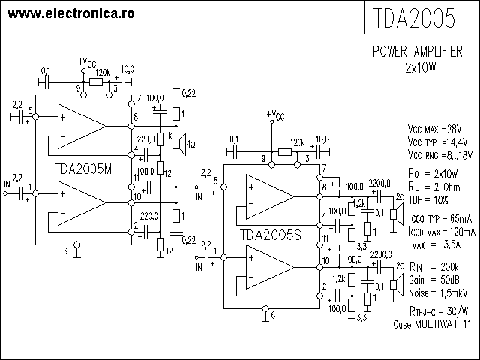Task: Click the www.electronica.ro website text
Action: (71, 13)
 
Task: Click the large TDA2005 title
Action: (414, 18)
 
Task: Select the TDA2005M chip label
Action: (83, 169)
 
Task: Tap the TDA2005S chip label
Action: (271, 235)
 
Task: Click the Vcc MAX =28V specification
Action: (434, 129)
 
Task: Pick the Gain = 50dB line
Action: (434, 280)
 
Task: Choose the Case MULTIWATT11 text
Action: (432, 324)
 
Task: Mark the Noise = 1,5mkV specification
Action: (438, 293)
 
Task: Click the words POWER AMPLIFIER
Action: (418, 52)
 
